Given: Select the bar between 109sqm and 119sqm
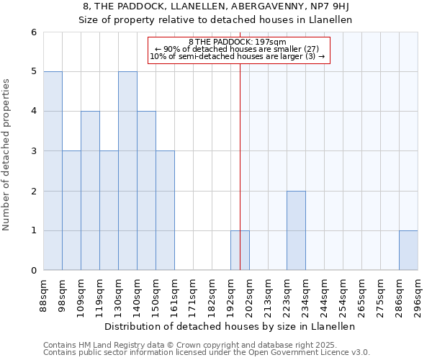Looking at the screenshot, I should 90,191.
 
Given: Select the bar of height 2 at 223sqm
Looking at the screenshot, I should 296,230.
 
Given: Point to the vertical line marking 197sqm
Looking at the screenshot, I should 240,144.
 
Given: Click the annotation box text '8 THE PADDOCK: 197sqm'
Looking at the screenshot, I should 238,42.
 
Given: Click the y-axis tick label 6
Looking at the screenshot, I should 33,32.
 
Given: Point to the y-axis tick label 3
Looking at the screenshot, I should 33,151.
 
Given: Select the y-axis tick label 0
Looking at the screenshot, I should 33,271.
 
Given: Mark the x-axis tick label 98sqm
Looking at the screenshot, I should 62,292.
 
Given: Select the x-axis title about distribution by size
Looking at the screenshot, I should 230,326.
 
